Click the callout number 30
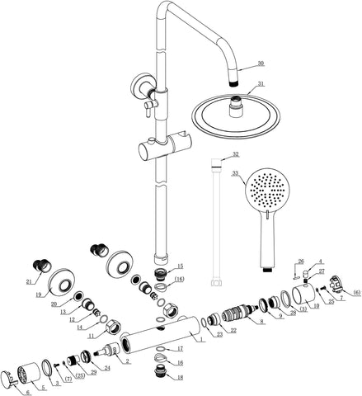(x=261, y=64)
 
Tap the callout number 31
(x=261, y=83)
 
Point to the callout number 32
(x=236, y=154)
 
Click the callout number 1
(x=201, y=339)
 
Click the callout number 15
(x=181, y=266)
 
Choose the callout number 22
(x=234, y=331)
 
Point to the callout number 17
(x=181, y=350)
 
